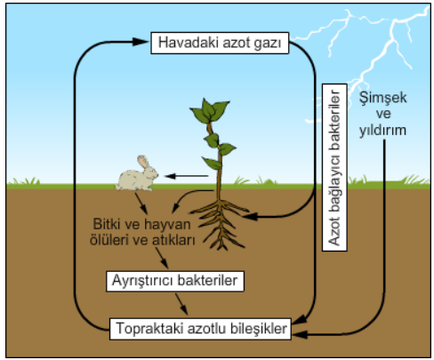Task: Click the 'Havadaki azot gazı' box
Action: [220, 43]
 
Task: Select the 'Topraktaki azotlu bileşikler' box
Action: [200, 329]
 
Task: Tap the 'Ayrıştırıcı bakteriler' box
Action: [175, 281]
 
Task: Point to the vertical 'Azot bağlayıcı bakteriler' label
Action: [334, 167]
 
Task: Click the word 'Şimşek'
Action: [383, 98]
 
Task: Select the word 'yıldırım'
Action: [382, 130]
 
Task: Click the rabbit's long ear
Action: [143, 162]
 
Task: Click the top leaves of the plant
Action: [210, 110]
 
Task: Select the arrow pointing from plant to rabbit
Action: [187, 176]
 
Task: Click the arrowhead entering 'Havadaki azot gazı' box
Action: [140, 42]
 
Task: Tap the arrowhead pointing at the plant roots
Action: [250, 217]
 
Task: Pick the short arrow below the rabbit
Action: [141, 204]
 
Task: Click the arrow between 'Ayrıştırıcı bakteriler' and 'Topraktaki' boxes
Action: [181, 304]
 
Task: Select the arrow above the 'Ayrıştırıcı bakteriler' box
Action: [162, 258]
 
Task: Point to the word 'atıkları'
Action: [173, 240]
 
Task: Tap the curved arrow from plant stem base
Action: [189, 196]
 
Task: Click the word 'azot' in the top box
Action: [237, 43]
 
